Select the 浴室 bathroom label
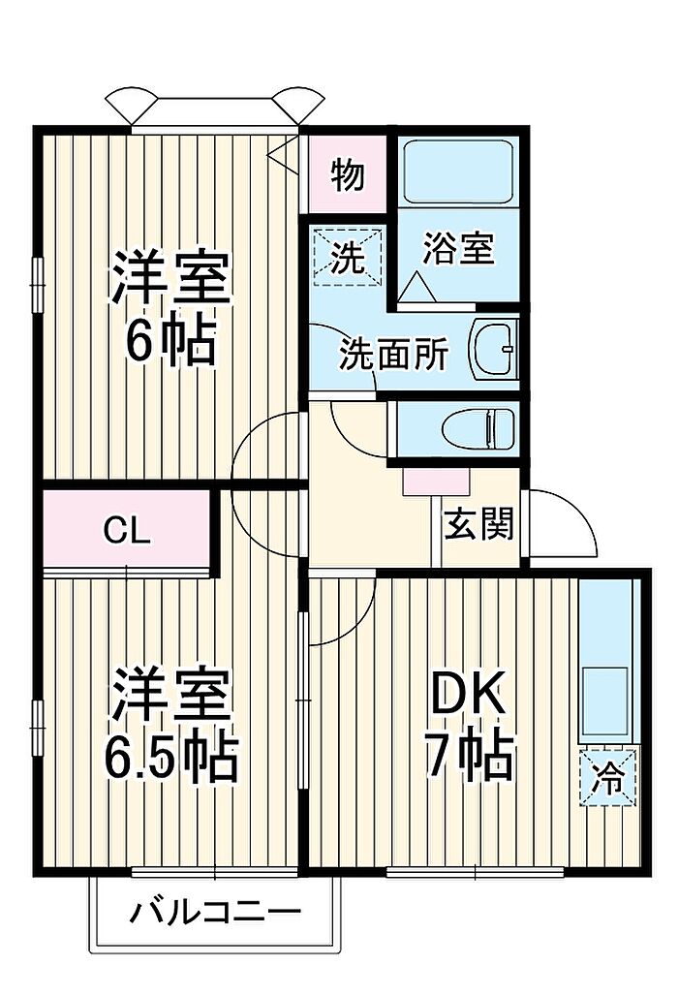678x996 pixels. click(458, 248)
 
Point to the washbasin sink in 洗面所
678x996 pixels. click(495, 349)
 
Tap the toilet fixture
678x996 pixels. click(478, 428)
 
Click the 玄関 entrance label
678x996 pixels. click(478, 525)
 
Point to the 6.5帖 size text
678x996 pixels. click(170, 757)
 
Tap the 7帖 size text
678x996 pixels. click(469, 756)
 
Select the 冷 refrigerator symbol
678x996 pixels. click(607, 778)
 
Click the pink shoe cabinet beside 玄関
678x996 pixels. click(436, 482)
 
